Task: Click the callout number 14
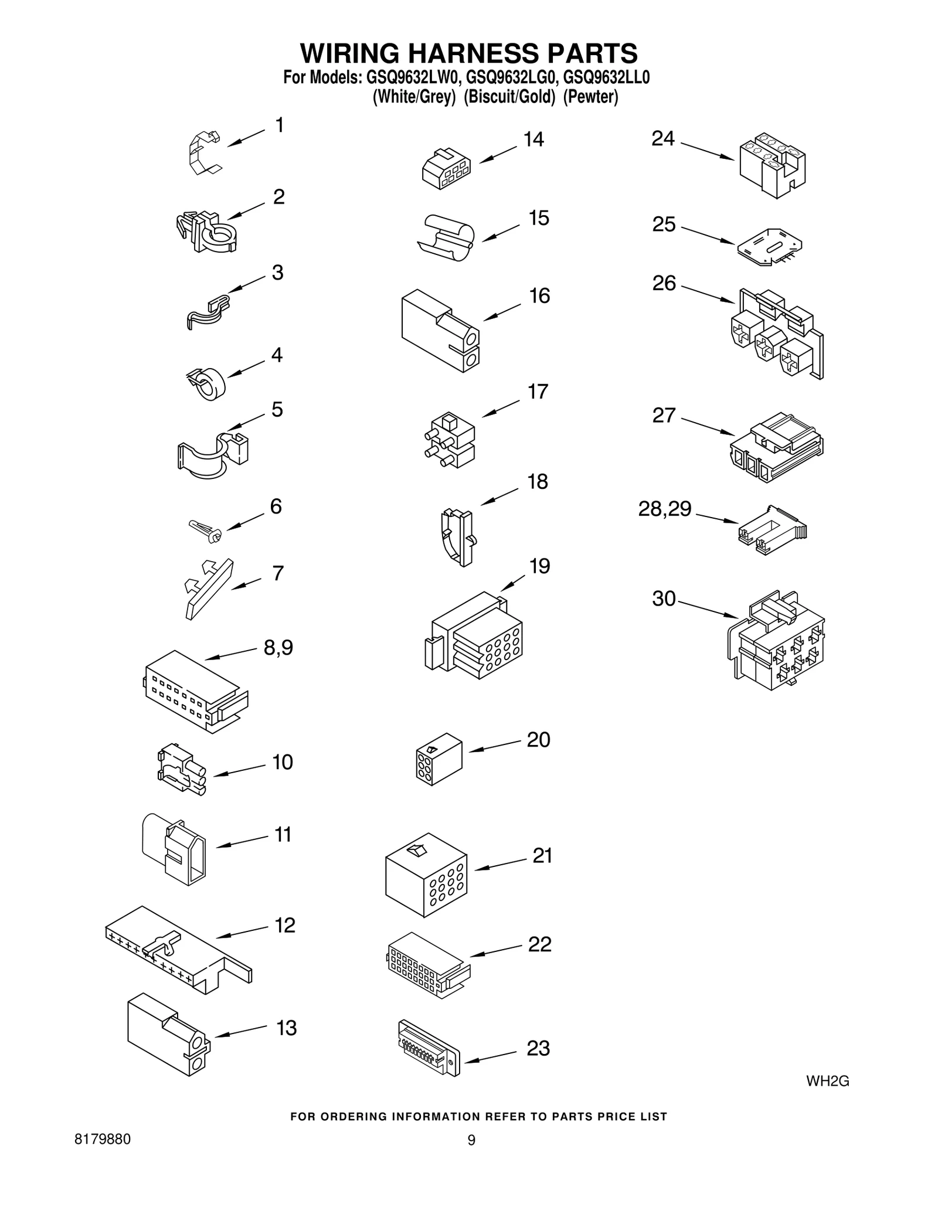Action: click(x=533, y=140)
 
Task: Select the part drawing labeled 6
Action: click(x=205, y=530)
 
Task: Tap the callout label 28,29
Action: click(x=664, y=508)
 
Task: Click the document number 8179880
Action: click(x=103, y=1139)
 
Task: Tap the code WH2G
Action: click(x=827, y=1081)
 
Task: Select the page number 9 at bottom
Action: click(x=471, y=1140)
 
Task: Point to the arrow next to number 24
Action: click(x=707, y=151)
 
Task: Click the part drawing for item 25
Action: click(x=769, y=247)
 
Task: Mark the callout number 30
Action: click(x=664, y=599)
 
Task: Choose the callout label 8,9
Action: click(x=278, y=648)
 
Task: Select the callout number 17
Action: click(x=538, y=392)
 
